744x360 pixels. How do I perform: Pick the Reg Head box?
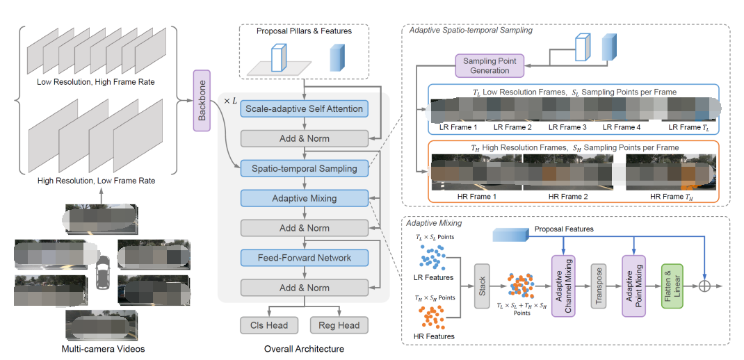339,325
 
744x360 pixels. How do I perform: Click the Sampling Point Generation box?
490,66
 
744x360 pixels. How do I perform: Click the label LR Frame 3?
567,127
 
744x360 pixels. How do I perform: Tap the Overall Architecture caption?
303,348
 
